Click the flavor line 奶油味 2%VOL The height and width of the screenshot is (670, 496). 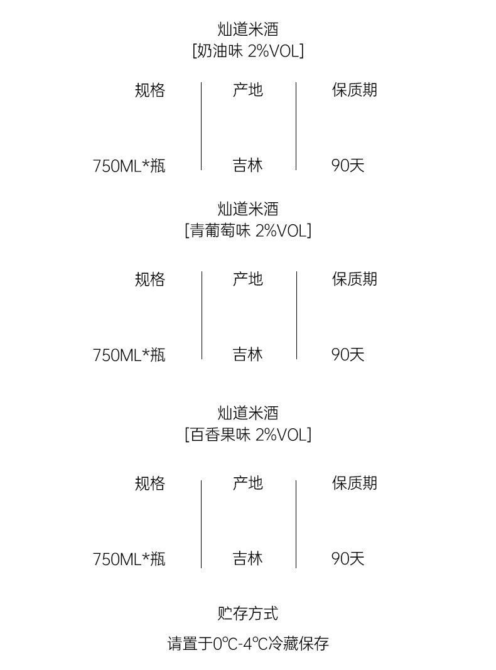click(248, 51)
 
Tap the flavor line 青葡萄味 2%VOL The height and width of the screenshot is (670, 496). click(248, 230)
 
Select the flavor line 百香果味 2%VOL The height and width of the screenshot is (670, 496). click(248, 435)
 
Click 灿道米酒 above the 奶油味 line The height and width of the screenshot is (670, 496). click(248, 29)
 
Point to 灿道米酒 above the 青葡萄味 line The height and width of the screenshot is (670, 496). click(248, 208)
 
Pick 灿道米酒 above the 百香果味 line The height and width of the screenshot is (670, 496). click(248, 413)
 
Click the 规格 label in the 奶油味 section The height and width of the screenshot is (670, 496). click(150, 90)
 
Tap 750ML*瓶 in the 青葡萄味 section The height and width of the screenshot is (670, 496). click(129, 355)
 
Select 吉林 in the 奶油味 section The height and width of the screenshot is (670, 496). click(248, 166)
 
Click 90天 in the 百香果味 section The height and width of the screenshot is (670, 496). click(348, 559)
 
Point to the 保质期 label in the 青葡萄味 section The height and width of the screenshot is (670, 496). click(355, 279)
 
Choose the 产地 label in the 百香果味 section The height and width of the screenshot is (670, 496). click(248, 484)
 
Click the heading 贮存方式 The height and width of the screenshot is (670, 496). click(248, 613)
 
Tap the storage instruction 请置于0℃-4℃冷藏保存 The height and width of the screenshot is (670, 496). click(248, 644)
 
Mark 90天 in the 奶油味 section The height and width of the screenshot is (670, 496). click(348, 166)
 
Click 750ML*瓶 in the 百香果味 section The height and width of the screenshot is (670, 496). click(129, 559)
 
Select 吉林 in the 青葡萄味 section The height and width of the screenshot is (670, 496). click(248, 355)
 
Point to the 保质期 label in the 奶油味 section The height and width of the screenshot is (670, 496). click(355, 90)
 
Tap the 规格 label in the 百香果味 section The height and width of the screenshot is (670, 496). click(150, 484)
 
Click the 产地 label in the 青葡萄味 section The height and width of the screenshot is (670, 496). click(248, 279)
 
